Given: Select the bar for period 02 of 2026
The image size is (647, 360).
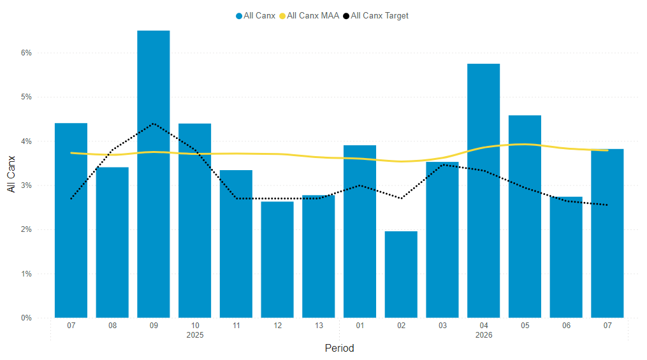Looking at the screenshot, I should (401, 275).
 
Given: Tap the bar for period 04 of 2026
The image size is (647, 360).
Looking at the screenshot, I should (483, 191).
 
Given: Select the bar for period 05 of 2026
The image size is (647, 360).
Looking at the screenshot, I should (525, 217).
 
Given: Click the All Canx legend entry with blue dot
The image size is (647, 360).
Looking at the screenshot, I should (256, 15).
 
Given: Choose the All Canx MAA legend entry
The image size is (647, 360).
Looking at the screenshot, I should (309, 15).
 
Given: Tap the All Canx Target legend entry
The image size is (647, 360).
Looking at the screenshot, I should (375, 15).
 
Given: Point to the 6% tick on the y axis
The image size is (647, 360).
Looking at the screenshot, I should (25, 53).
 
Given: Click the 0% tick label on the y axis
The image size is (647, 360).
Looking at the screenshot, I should (25, 318).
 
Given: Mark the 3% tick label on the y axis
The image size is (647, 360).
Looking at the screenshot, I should (25, 185).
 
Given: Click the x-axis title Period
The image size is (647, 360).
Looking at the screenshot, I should (339, 349).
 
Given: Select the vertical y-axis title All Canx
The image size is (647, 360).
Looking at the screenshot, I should (11, 173).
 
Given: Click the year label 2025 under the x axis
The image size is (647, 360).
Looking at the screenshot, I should (195, 335).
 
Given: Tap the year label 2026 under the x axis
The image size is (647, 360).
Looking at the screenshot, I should (483, 335).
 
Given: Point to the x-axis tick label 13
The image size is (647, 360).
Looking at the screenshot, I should (319, 326).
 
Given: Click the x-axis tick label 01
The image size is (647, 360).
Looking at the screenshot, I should (360, 326).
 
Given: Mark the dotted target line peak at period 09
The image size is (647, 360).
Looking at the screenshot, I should (154, 124).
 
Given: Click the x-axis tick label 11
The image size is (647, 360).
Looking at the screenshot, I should (236, 326).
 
